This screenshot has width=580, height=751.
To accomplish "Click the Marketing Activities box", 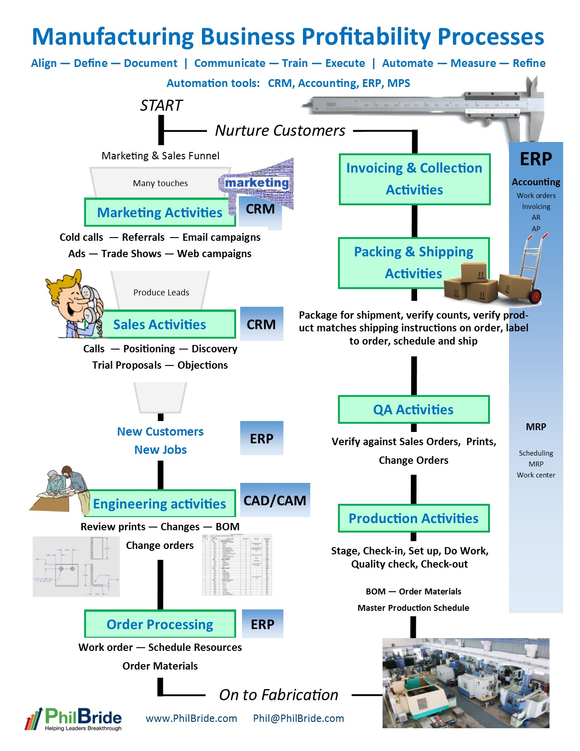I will point(160,213).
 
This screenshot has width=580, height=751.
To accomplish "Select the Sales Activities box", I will point(160,325).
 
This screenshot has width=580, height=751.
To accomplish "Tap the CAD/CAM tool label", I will point(275,500).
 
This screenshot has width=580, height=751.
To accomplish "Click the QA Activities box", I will point(414,410).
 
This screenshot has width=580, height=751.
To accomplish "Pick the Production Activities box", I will point(414,518).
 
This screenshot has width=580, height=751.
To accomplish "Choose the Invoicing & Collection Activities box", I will point(414,179).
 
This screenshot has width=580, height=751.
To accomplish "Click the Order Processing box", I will point(160,624).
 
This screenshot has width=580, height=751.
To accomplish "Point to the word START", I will point(161,106).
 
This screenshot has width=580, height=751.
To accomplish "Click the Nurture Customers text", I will point(280,131).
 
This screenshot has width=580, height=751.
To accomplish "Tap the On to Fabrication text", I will point(278,695).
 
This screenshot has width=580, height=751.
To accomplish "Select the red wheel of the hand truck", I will point(535,296).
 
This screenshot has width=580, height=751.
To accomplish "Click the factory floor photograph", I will point(465,683).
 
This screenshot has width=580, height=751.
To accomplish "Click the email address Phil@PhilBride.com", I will point(298,718).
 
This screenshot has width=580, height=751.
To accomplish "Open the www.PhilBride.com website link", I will point(191,718).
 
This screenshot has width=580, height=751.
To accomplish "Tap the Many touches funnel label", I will point(160,183).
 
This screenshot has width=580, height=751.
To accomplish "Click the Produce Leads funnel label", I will point(161,293).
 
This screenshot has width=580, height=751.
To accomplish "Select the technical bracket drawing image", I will point(76,566).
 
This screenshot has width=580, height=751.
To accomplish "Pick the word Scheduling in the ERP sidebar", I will point(536,453).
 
